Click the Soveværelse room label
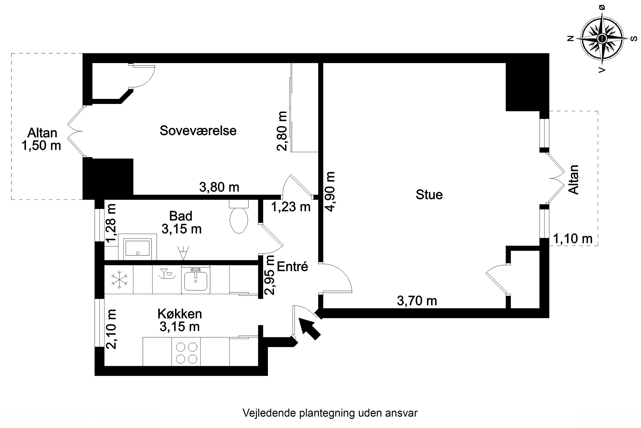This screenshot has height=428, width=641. (x=198, y=131)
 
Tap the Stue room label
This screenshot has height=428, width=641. (x=429, y=195)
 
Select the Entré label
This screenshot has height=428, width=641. (x=293, y=266)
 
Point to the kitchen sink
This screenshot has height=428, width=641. (x=196, y=281)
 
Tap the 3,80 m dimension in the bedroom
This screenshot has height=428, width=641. (x=219, y=187)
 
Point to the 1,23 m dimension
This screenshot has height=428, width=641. (x=291, y=207)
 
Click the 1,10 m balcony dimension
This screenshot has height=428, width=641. (x=573, y=239)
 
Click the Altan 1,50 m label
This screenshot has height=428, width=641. (x=41, y=139)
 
